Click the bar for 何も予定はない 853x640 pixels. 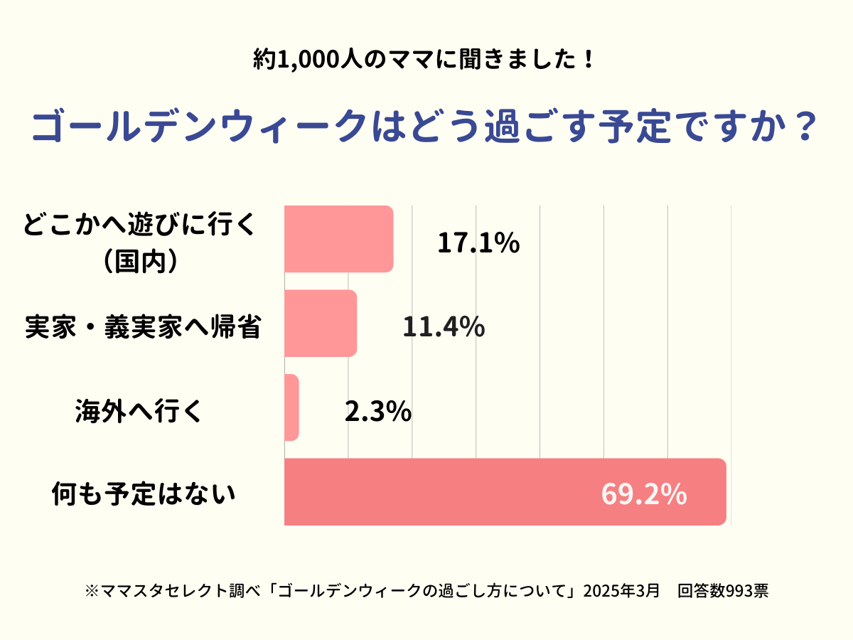point(505,492)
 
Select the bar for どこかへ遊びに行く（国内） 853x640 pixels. point(338,239)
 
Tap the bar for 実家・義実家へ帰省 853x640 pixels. point(320,323)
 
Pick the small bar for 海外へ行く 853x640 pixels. point(291,407)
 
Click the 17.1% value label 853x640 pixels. point(478,243)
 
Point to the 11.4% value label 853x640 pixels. point(444,327)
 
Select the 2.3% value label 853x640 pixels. point(377,411)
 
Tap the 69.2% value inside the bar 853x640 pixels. point(643,494)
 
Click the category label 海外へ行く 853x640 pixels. point(139,411)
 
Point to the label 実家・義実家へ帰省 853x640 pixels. point(142,327)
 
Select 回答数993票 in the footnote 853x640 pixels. point(722,591)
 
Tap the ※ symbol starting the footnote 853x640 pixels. point(91,591)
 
